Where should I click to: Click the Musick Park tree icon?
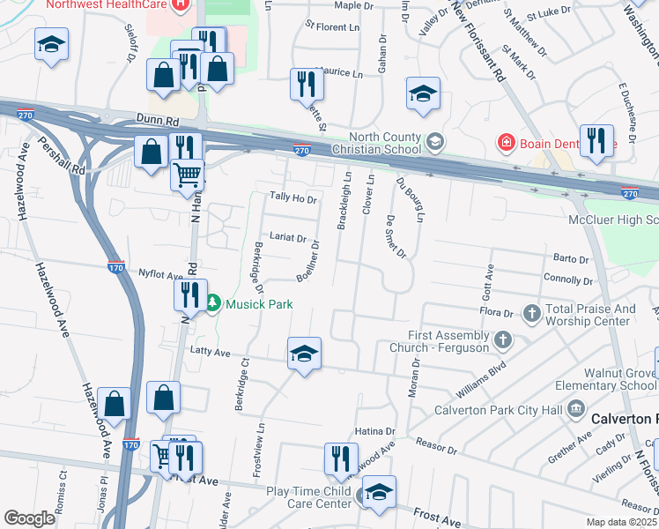point(212,304)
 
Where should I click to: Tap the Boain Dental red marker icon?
point(506,141)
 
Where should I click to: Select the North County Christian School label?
point(386,143)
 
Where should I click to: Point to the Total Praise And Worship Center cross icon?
point(531,313)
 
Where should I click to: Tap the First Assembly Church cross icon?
point(502,339)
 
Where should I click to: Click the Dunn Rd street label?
point(158,117)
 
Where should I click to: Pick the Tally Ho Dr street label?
point(292,200)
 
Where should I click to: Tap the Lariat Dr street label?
point(288,238)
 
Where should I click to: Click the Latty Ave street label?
point(210,353)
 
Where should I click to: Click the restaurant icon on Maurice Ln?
point(307,84)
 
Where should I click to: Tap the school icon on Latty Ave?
point(303,354)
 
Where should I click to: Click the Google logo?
point(29,518)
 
